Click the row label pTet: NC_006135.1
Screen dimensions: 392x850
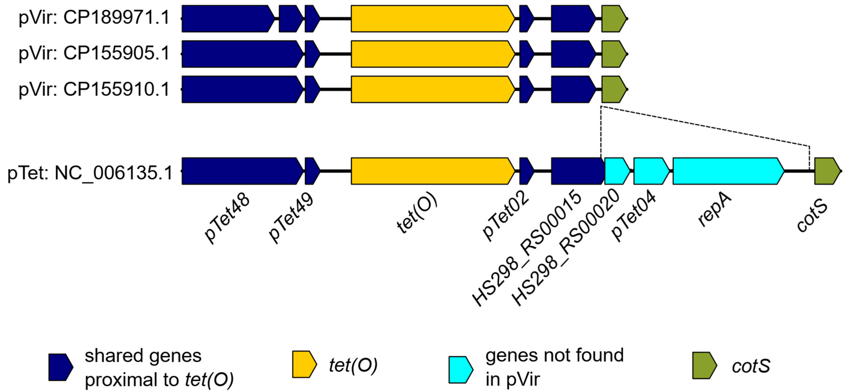coord(90,173)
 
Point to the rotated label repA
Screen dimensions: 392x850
coord(715,212)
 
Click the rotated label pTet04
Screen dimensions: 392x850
coord(633,216)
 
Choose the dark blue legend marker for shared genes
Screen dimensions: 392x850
coord(61,367)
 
